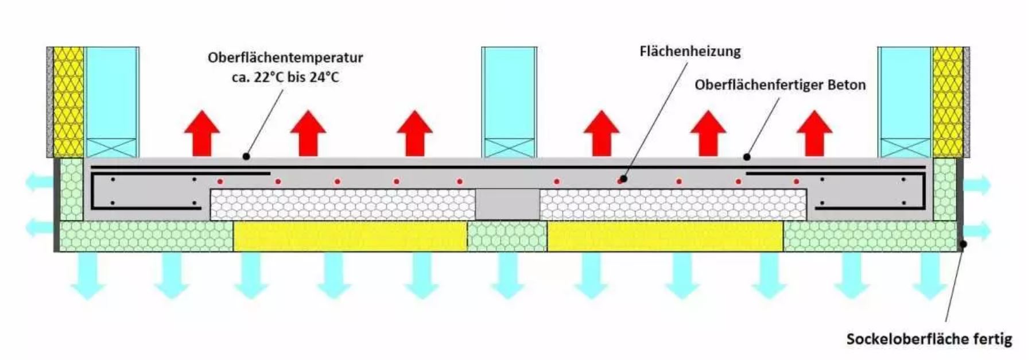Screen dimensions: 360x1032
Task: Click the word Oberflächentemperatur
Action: click(285, 58)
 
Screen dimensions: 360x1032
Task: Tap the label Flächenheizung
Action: click(690, 52)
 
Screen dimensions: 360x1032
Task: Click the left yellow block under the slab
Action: click(350, 236)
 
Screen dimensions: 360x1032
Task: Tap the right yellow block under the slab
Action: click(665, 236)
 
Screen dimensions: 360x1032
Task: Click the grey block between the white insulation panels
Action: click(507, 204)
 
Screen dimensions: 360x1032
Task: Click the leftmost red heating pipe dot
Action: click(220, 181)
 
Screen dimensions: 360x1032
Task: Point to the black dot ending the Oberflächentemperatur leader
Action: click(246, 156)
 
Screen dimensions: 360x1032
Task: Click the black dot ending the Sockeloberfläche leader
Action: click(963, 244)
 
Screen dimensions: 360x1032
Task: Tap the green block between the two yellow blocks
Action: click(507, 236)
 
